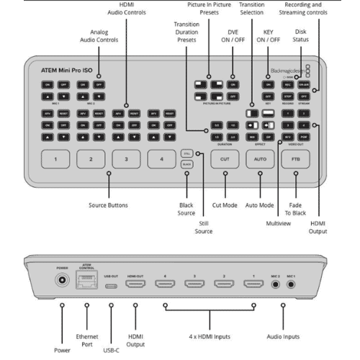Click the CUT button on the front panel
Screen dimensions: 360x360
[x=225, y=159]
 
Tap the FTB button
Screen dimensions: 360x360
[x=296, y=159]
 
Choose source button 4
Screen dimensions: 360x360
[x=163, y=159]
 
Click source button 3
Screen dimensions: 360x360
[x=126, y=159]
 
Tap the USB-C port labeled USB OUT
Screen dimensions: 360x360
[x=112, y=285]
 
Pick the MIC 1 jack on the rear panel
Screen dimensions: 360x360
[x=292, y=285]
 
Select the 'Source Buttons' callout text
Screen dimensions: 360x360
[x=108, y=205]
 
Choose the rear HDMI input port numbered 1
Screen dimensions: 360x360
[x=254, y=285]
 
